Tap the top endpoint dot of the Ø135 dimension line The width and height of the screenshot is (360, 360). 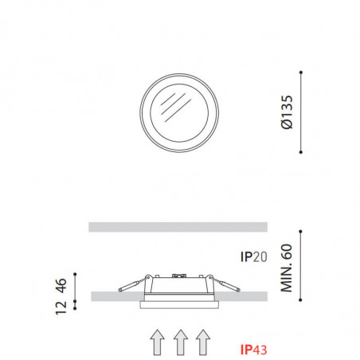(300, 72)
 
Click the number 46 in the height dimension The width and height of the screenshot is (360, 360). (60, 284)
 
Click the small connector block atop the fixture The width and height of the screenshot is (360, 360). (180, 276)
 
